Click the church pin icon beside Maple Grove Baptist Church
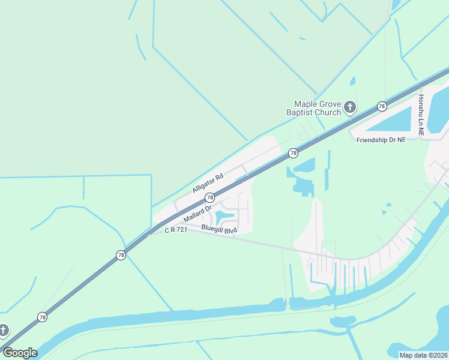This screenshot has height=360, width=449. (350, 108)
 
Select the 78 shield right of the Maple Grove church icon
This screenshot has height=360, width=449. (382, 106)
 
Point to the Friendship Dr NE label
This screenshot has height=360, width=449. (381, 140)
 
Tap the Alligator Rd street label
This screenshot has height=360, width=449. (208, 182)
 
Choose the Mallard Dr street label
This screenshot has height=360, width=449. (198, 213)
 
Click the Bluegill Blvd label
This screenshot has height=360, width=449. (220, 229)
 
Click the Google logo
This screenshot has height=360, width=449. (20, 353)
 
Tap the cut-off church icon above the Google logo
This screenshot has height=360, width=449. (3, 330)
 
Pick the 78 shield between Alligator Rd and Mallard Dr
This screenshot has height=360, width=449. (209, 197)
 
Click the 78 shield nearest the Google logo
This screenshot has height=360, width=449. (42, 317)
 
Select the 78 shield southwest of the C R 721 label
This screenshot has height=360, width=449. (121, 256)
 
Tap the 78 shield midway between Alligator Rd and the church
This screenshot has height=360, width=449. (293, 153)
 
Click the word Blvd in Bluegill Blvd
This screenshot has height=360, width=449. (231, 230)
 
